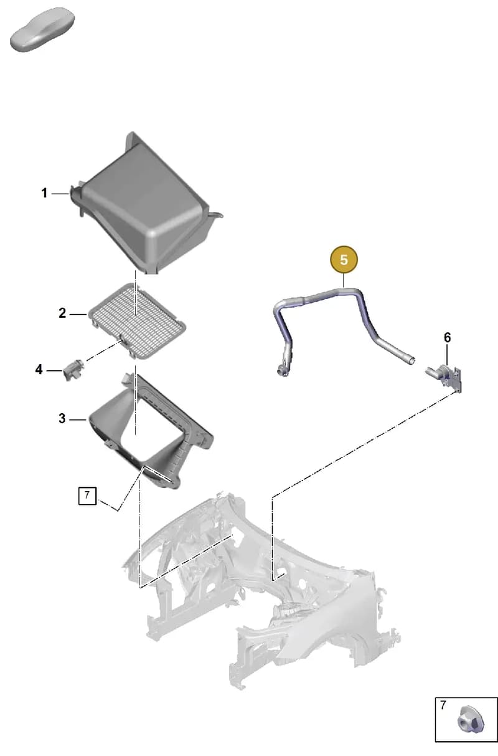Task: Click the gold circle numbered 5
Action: (x=344, y=259)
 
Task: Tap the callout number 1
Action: (x=44, y=193)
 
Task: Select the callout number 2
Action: (x=62, y=313)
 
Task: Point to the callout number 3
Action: (x=62, y=419)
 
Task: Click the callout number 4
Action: (x=39, y=370)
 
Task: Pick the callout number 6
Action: (x=447, y=338)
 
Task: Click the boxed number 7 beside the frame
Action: (x=87, y=495)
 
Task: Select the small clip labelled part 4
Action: (x=73, y=370)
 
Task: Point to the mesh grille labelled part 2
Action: (x=137, y=321)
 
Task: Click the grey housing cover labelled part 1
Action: (x=145, y=206)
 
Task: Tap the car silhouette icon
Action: (x=42, y=29)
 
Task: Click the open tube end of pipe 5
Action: (x=411, y=360)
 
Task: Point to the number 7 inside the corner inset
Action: (x=443, y=705)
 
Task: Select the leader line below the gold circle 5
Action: (x=344, y=280)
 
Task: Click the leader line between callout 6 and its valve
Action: (x=447, y=355)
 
